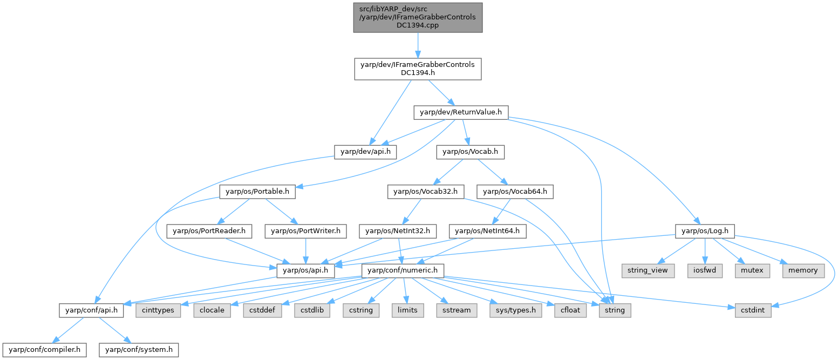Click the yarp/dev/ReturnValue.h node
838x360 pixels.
[460, 112]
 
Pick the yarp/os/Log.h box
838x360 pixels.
[705, 231]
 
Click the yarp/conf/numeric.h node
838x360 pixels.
[403, 270]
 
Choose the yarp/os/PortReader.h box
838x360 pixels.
[209, 231]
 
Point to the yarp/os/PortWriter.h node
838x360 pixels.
[305, 231]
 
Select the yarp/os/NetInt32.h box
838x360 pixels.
[398, 231]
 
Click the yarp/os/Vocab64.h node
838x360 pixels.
[515, 192]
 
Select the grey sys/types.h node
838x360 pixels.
[515, 310]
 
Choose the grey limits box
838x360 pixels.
[407, 310]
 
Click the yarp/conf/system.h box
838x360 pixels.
[138, 350]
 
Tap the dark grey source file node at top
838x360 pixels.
[418, 17]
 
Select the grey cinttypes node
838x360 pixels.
[159, 310]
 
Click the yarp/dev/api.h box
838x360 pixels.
[365, 152]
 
